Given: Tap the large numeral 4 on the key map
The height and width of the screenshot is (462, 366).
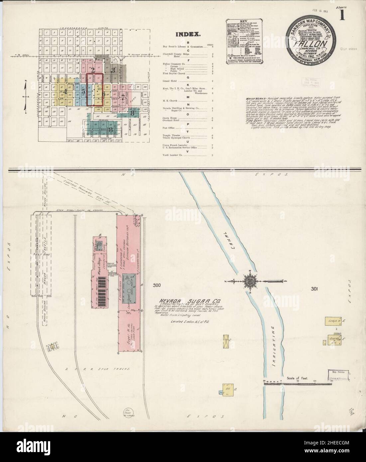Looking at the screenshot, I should (x=65, y=91).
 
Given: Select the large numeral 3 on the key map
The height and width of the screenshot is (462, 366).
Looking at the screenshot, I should (x=113, y=70).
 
